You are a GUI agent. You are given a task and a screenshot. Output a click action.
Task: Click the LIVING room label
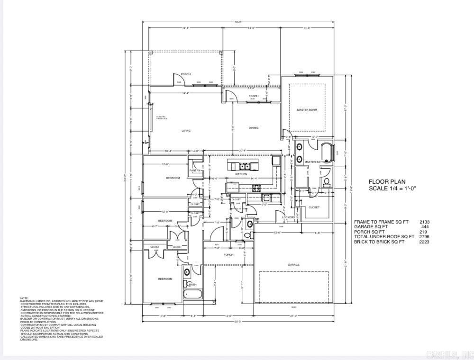(186, 131)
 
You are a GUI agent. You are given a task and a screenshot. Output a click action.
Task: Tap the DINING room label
(254, 127)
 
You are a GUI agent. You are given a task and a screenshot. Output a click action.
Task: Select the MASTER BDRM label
(307, 110)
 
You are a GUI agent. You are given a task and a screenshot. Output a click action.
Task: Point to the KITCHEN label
(241, 174)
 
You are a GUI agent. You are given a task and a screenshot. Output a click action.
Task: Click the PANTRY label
(195, 171)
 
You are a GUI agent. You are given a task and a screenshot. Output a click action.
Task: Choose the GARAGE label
(294, 264)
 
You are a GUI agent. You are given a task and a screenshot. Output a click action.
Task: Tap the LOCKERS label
(288, 217)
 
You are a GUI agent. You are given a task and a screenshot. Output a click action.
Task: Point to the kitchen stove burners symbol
(257, 188)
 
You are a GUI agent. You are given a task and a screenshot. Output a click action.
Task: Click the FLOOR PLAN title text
(387, 181)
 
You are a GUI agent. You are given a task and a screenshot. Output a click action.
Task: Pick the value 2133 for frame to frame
(424, 222)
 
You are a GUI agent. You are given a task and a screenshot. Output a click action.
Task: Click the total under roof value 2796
(424, 236)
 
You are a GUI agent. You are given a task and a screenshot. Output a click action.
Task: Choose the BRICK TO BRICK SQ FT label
(379, 242)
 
